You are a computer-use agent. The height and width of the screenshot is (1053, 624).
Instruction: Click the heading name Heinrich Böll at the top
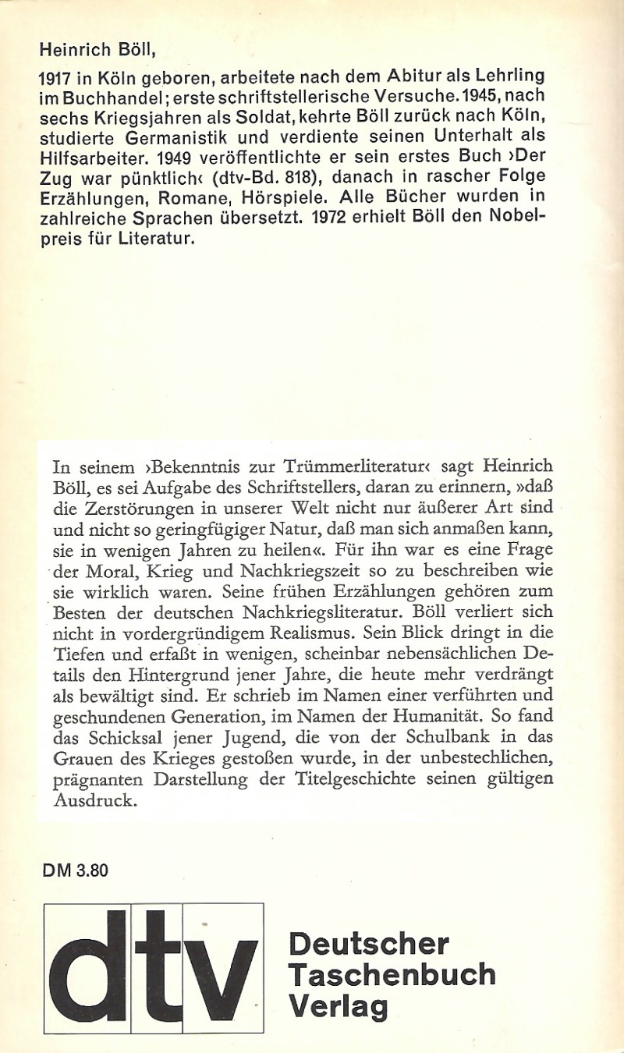97,51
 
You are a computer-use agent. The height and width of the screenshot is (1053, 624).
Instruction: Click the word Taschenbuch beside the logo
392,974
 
